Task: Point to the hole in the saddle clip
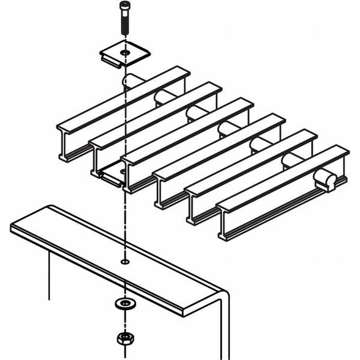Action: (125, 54)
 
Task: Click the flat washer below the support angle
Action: (125, 303)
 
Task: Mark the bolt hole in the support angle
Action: (125, 262)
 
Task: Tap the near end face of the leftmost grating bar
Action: (68, 145)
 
